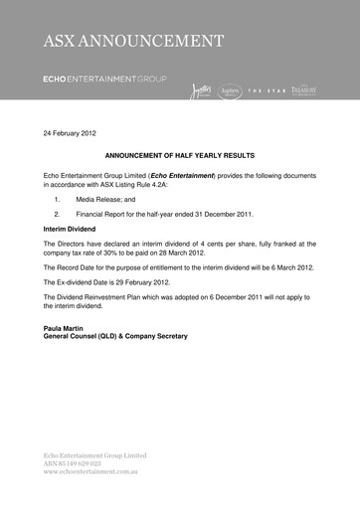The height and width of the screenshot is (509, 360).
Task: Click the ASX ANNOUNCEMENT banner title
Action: [x=132, y=41]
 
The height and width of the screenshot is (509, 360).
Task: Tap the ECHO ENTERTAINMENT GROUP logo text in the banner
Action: [x=105, y=78]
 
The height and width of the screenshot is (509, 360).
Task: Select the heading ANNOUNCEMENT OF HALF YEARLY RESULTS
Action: [x=180, y=156]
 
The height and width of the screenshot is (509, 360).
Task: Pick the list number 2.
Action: [x=58, y=213]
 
